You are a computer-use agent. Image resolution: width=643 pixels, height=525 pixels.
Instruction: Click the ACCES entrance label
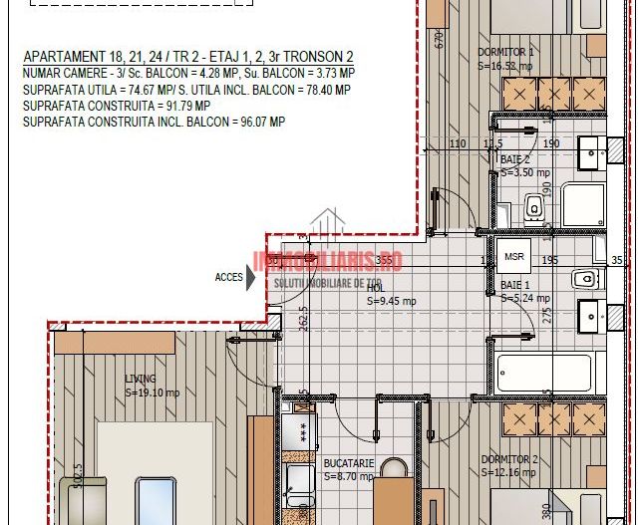228,277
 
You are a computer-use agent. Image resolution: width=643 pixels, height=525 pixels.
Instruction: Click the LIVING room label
141,379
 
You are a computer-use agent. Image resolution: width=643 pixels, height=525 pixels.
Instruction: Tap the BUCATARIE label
348,463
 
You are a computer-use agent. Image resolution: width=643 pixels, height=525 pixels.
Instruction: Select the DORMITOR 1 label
506,52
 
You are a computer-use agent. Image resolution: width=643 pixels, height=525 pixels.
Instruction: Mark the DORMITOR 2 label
508,459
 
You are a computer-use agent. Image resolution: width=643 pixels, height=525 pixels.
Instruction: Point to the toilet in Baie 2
534,206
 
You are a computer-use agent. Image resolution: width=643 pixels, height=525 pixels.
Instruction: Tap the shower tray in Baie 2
583,204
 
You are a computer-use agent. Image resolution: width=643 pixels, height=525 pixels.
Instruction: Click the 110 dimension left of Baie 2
458,144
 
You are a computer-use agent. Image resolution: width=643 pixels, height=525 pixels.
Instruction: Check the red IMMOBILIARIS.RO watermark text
329,261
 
